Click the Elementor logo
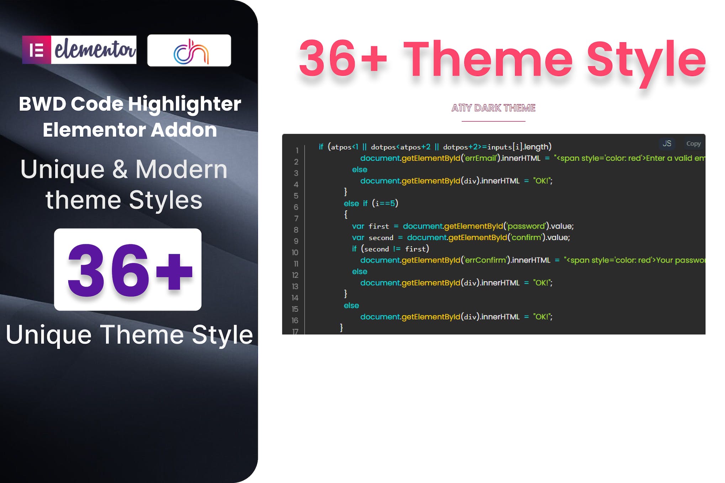pos(79,50)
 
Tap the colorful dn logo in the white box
pos(189,51)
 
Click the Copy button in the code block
pos(693,144)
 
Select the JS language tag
pos(667,144)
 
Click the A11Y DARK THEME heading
pos(493,108)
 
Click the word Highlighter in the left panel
pos(184,104)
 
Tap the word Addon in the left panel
pos(184,130)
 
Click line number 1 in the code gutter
pos(297,151)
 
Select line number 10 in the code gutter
pos(295,253)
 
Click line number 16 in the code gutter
pos(295,321)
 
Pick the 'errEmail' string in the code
pos(481,158)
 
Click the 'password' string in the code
pos(526,226)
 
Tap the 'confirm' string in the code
pos(526,237)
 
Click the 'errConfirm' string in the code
pos(486,260)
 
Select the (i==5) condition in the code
pos(385,203)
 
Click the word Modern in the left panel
pos(181,170)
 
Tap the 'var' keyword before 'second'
pos(358,237)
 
